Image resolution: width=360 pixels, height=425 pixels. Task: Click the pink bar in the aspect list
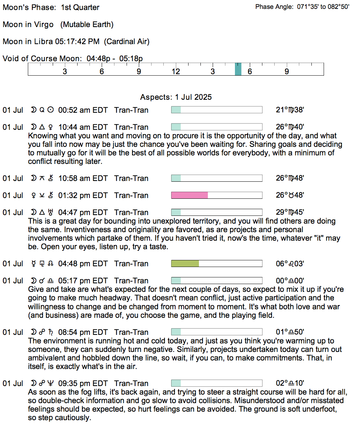[x=189, y=195]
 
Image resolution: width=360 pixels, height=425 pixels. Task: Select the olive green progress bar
[x=185, y=264]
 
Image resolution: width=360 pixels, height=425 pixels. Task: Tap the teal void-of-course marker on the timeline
[x=238, y=69]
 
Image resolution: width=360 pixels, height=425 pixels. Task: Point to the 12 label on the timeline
[x=176, y=72]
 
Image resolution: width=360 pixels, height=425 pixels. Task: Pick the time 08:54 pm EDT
[x=83, y=332]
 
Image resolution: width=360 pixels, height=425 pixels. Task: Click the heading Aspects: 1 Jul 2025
[x=176, y=97]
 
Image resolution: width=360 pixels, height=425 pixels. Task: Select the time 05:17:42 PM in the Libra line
[x=77, y=42]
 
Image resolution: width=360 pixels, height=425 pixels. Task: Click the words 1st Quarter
[x=80, y=7]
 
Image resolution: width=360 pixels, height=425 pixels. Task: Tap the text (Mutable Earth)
[x=87, y=24]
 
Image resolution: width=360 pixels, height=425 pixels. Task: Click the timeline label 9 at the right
[x=287, y=72]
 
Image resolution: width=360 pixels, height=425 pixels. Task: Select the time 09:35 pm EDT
[x=83, y=383]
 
